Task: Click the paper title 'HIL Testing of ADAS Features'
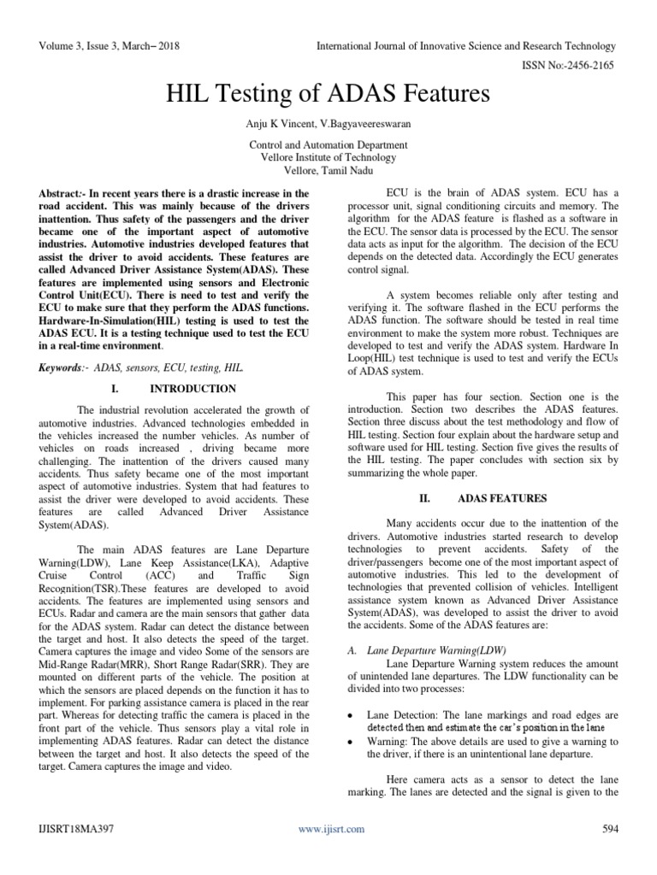(x=328, y=92)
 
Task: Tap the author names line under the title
(x=328, y=125)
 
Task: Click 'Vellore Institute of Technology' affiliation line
(x=328, y=157)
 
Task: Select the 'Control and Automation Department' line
(x=328, y=145)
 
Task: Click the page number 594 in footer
(x=610, y=828)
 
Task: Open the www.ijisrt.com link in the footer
(x=331, y=829)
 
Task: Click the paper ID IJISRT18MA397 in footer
(x=74, y=828)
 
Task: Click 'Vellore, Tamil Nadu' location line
(x=328, y=170)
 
